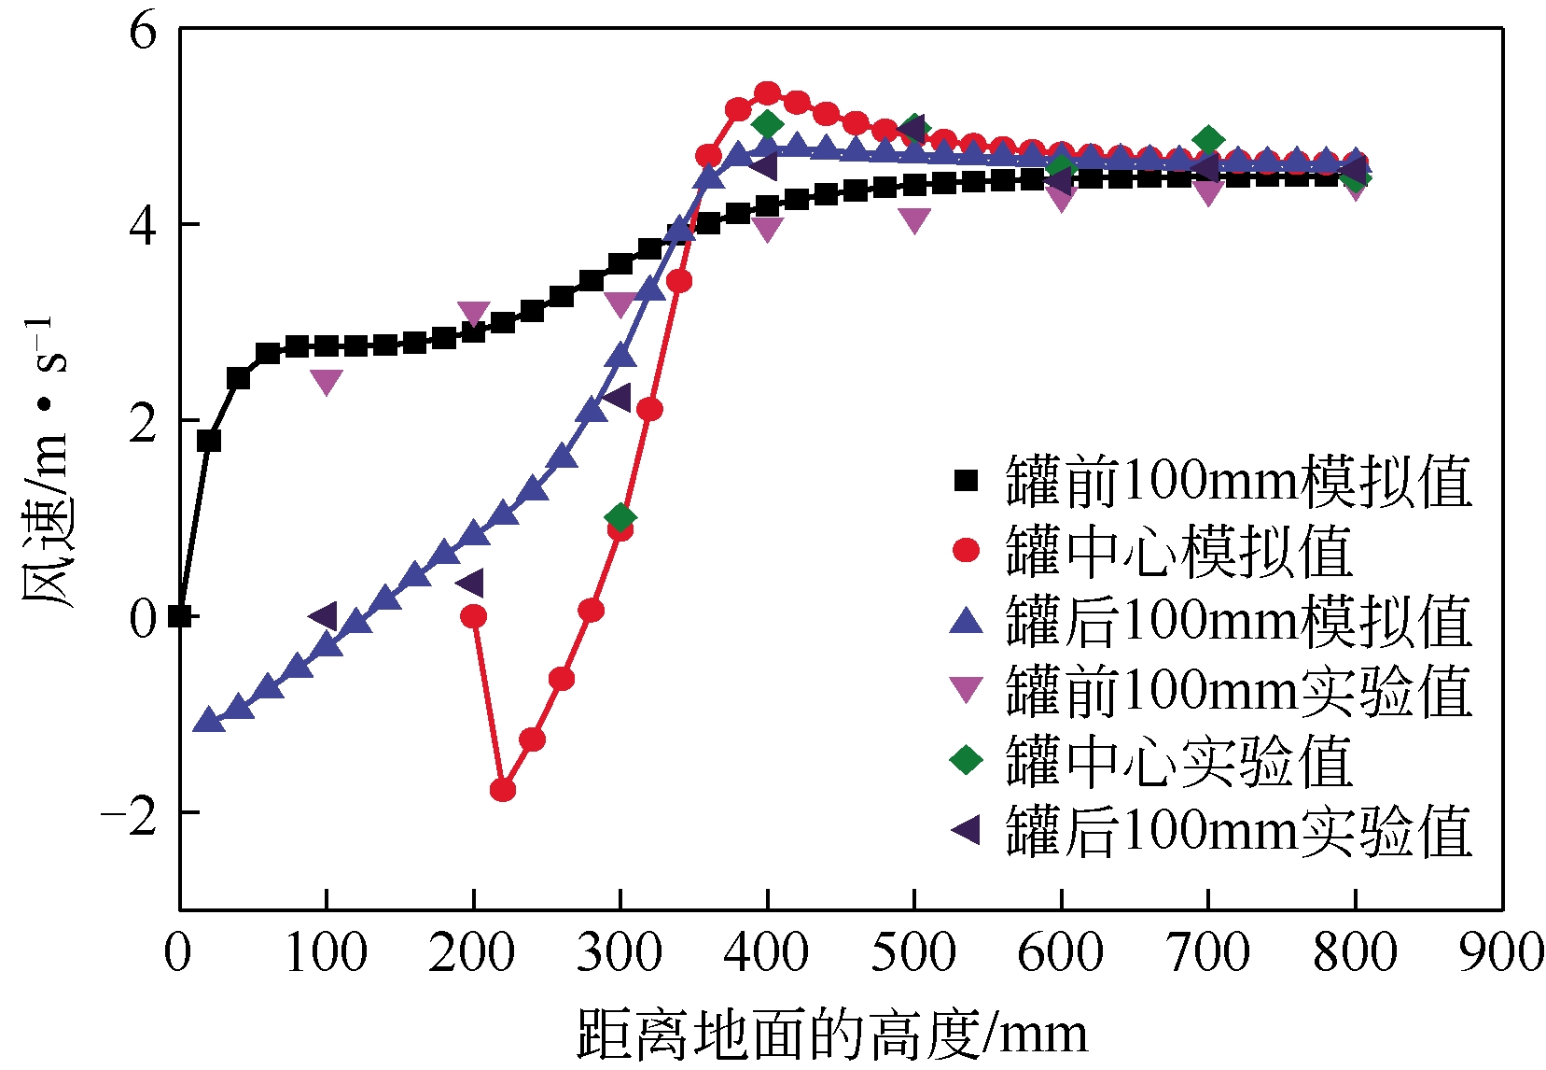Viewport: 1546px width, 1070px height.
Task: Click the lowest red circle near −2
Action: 503,790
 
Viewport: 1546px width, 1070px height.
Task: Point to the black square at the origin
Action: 180,616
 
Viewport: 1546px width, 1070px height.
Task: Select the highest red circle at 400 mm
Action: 767,93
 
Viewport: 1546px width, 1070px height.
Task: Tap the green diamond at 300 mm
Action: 620,517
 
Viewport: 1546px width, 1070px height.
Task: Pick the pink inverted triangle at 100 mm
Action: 327,381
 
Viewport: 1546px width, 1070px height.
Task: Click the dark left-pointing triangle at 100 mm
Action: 324,616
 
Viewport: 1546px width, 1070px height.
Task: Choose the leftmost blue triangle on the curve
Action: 208,720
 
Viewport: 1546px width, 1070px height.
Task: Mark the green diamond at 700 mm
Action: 1208,141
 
